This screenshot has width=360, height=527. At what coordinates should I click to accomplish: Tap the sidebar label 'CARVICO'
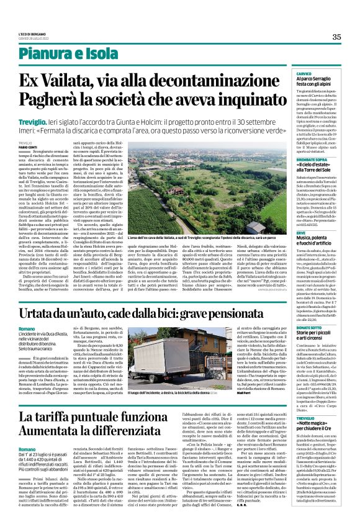(x=304, y=73)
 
